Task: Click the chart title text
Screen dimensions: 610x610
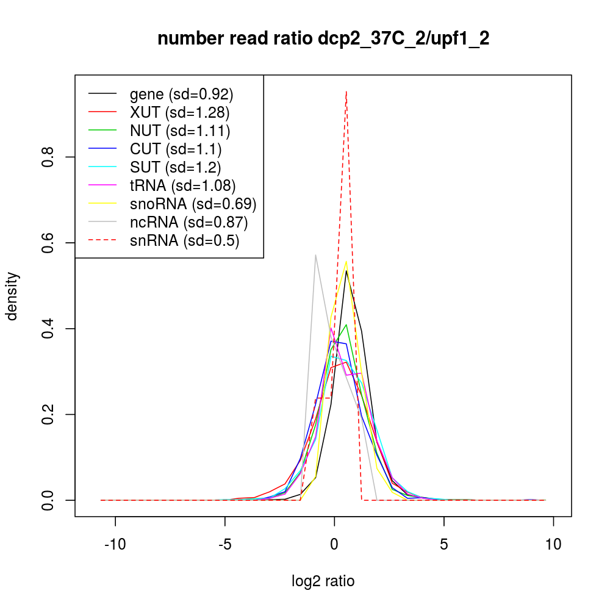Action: click(x=323, y=39)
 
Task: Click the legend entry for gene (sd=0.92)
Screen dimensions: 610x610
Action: click(x=181, y=94)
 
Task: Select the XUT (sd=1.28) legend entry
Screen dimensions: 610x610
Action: click(x=179, y=112)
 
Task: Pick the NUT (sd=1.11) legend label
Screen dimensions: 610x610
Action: click(x=179, y=131)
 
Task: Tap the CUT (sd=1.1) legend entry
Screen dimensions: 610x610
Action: click(x=176, y=149)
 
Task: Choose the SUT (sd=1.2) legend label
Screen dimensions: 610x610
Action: click(x=176, y=167)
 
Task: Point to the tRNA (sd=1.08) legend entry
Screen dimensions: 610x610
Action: click(x=182, y=185)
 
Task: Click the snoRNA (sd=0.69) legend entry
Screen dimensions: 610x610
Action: click(x=193, y=204)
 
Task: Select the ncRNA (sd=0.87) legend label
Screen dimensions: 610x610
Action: click(x=188, y=222)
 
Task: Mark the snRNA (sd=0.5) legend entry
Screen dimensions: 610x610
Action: click(x=184, y=240)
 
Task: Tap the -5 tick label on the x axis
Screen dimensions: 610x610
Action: click(x=224, y=545)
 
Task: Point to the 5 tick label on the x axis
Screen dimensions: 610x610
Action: click(x=444, y=545)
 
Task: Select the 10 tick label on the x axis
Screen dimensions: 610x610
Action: click(x=553, y=545)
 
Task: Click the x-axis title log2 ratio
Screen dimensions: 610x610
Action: click(x=323, y=581)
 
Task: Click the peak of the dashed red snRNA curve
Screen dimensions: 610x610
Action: click(x=346, y=91)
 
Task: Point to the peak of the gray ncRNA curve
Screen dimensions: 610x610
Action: click(x=315, y=255)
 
